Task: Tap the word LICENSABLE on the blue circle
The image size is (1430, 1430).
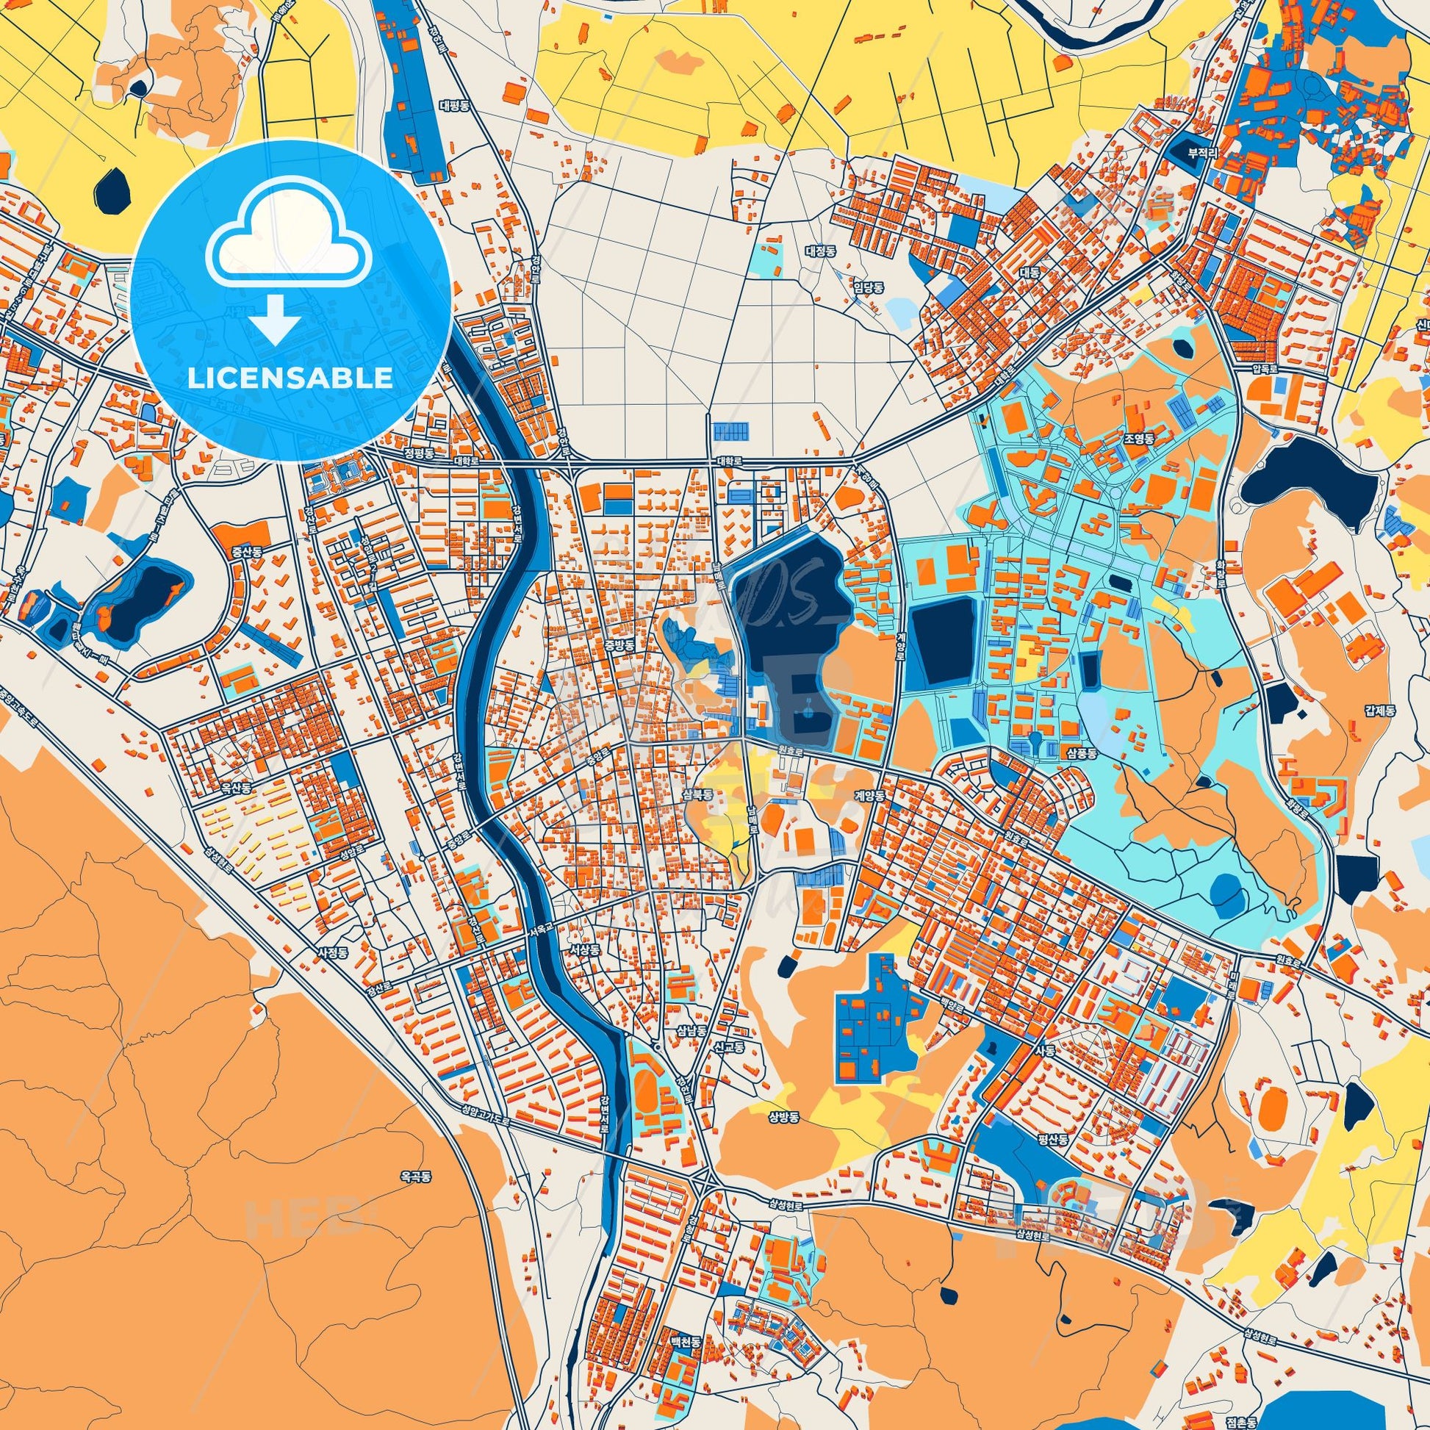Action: (290, 378)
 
